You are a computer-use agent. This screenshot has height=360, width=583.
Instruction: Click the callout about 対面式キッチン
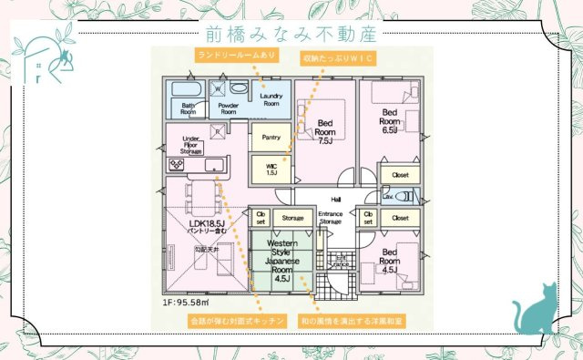237,322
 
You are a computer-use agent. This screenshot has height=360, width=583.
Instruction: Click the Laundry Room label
271,99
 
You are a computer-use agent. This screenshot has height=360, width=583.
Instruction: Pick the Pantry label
271,138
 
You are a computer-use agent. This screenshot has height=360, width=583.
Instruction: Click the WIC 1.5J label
271,169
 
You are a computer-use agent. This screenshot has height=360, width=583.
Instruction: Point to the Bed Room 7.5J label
325,131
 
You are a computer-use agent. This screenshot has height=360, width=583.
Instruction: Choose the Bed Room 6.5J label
389,121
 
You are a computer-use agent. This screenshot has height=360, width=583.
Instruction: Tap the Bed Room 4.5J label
389,261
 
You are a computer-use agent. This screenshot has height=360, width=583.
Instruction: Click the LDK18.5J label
208,226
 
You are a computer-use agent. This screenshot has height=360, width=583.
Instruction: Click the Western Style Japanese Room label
281,260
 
